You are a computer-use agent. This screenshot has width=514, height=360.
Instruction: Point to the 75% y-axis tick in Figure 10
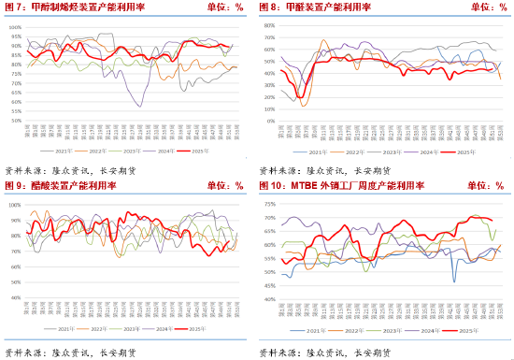click(270, 204)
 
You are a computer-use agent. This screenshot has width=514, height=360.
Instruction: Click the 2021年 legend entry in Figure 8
click(317, 150)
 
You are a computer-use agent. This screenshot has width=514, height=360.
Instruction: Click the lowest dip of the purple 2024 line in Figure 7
click(140, 106)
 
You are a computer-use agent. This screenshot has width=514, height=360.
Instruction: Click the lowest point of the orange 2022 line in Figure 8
click(304, 106)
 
